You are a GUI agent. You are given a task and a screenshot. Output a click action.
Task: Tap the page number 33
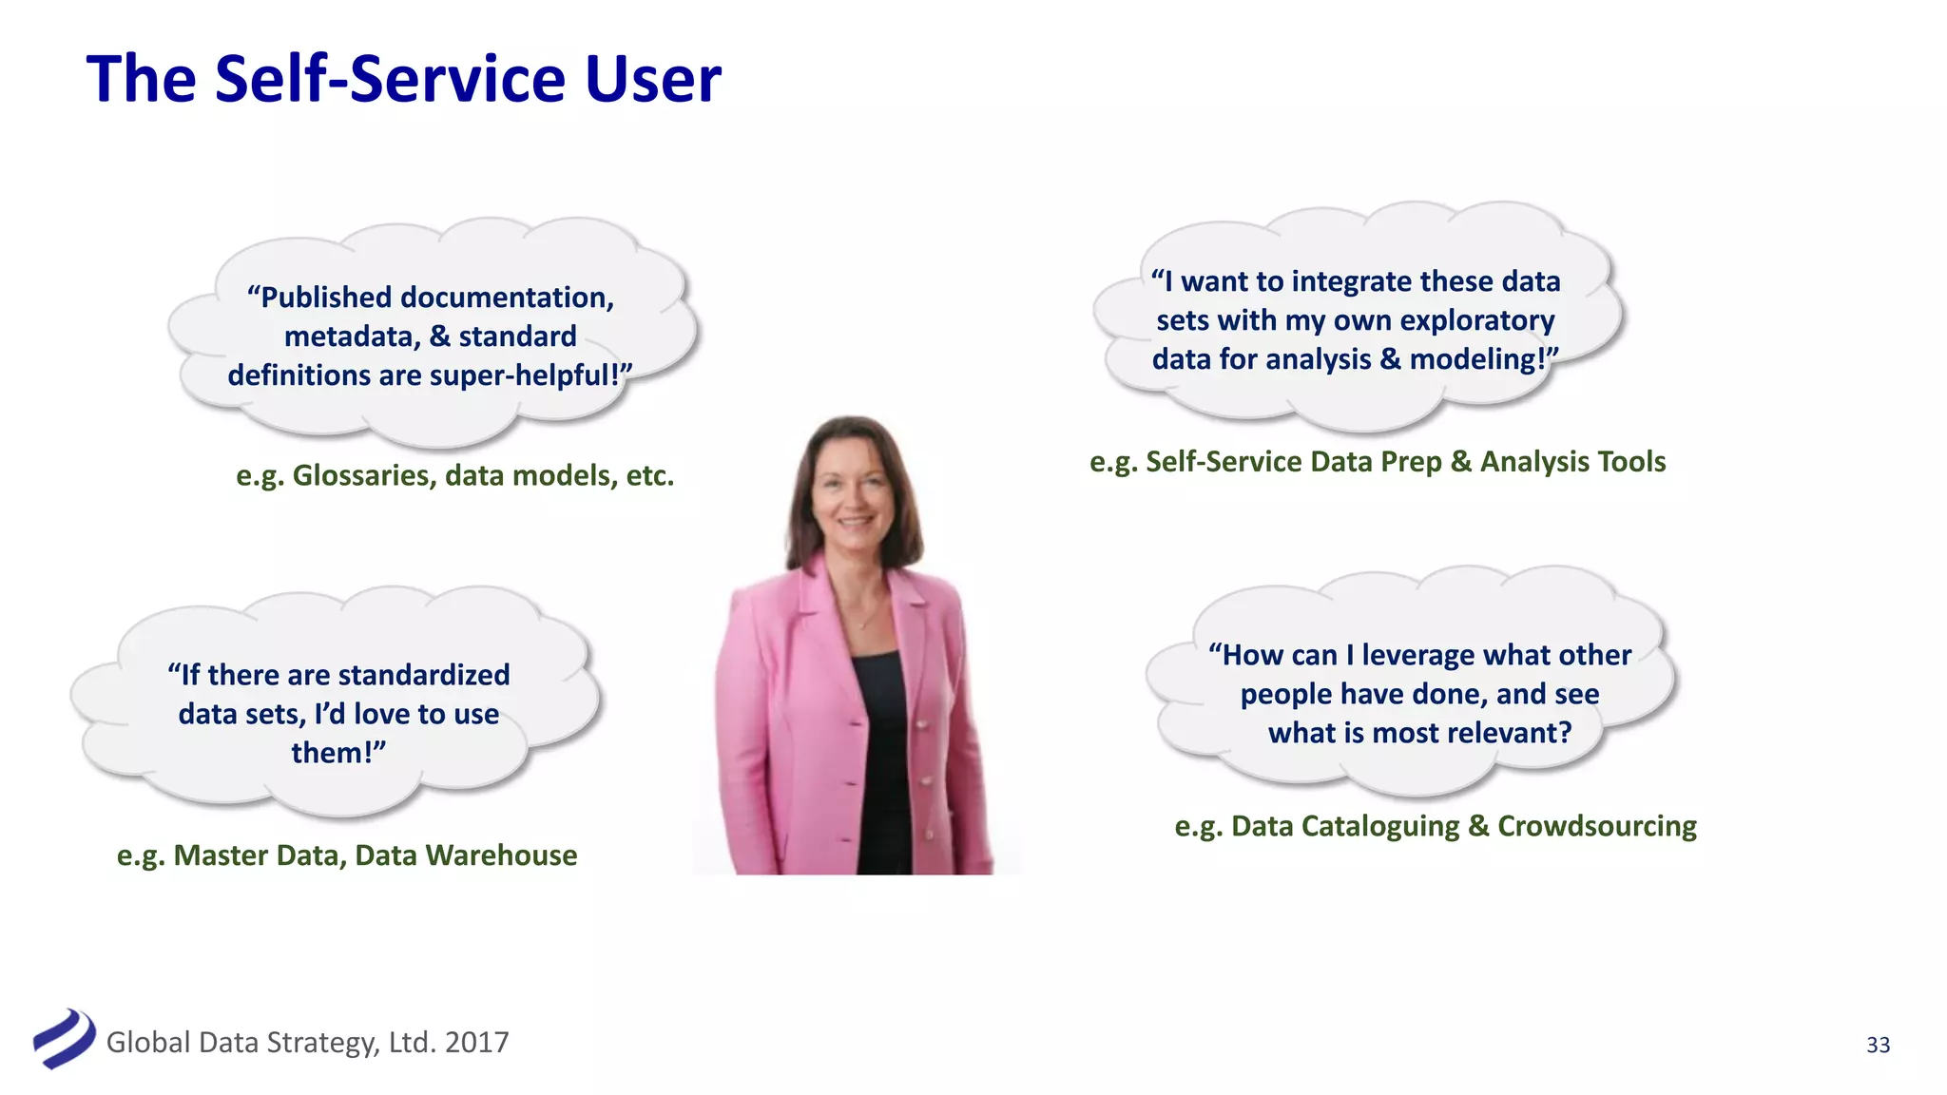(x=1878, y=1045)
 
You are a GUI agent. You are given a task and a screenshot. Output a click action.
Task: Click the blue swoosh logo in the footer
(x=65, y=1039)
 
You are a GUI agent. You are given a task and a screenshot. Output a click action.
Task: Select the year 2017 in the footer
(x=476, y=1043)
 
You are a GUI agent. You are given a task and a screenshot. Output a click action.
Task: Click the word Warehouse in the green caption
(x=501, y=855)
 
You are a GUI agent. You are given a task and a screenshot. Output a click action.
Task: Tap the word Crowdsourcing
(x=1596, y=826)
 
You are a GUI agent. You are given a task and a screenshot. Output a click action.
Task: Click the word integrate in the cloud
(x=1351, y=282)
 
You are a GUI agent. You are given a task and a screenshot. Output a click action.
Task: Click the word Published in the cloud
(x=326, y=298)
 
